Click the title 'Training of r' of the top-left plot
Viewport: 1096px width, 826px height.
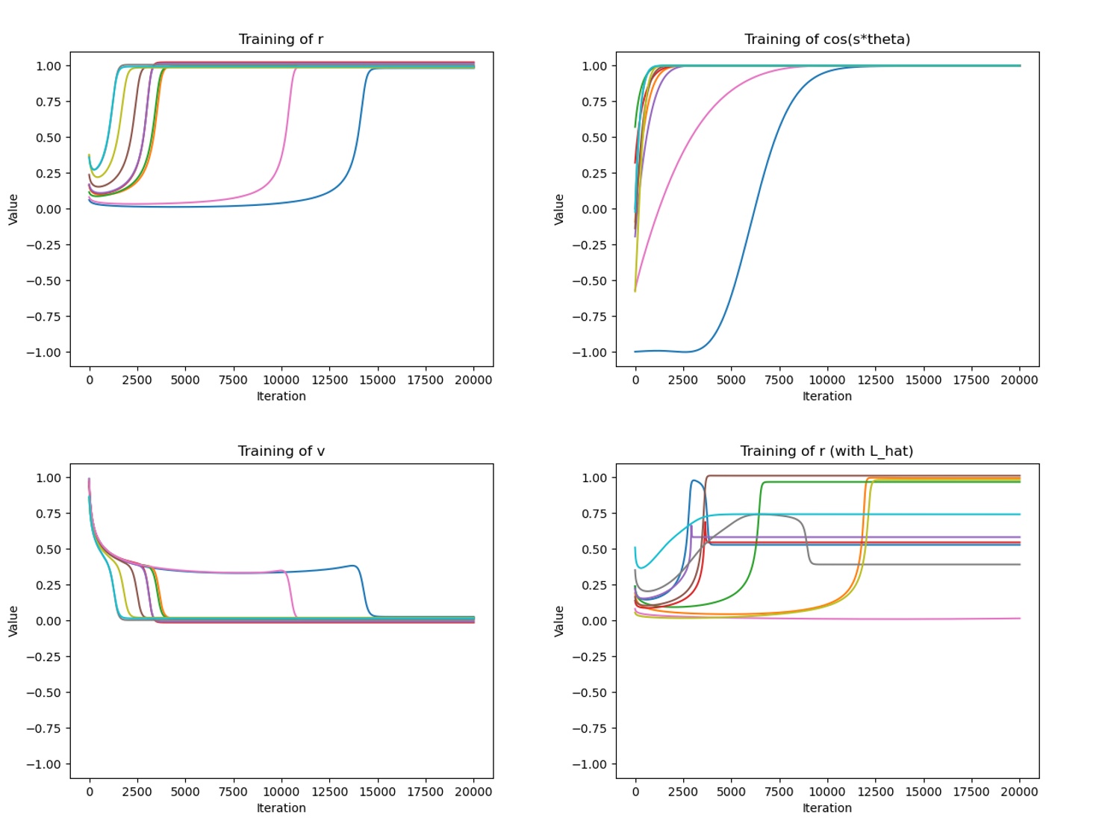[281, 40]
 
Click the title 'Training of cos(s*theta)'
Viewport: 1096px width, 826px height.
[826, 40]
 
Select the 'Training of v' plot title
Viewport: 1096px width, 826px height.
[281, 451]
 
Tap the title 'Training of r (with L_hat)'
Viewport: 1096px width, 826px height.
[826, 451]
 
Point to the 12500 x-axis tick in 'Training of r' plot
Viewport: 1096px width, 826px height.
[329, 380]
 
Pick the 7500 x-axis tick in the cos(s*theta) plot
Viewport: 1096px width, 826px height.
[779, 380]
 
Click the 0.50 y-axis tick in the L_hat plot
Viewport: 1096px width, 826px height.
[594, 549]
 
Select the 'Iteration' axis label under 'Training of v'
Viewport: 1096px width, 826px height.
[281, 808]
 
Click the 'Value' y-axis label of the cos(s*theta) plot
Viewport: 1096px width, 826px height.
[559, 209]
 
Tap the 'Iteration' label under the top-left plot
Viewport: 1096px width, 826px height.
[281, 396]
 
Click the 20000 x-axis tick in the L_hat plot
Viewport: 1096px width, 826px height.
[1019, 792]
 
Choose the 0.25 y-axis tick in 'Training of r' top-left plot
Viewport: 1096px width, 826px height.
[49, 173]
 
